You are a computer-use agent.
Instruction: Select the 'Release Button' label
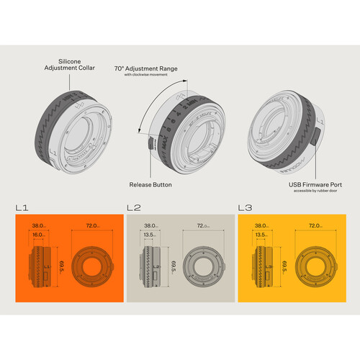click(x=151, y=185)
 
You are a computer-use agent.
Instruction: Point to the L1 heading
click(x=22, y=208)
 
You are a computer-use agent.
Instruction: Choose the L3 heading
click(x=245, y=208)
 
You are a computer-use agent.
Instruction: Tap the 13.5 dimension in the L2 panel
click(x=150, y=234)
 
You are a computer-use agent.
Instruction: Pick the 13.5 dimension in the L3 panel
click(x=261, y=234)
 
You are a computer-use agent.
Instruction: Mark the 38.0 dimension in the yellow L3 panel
click(x=261, y=225)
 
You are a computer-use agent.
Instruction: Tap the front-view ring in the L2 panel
click(x=202, y=264)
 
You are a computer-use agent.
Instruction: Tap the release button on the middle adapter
click(x=150, y=143)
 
